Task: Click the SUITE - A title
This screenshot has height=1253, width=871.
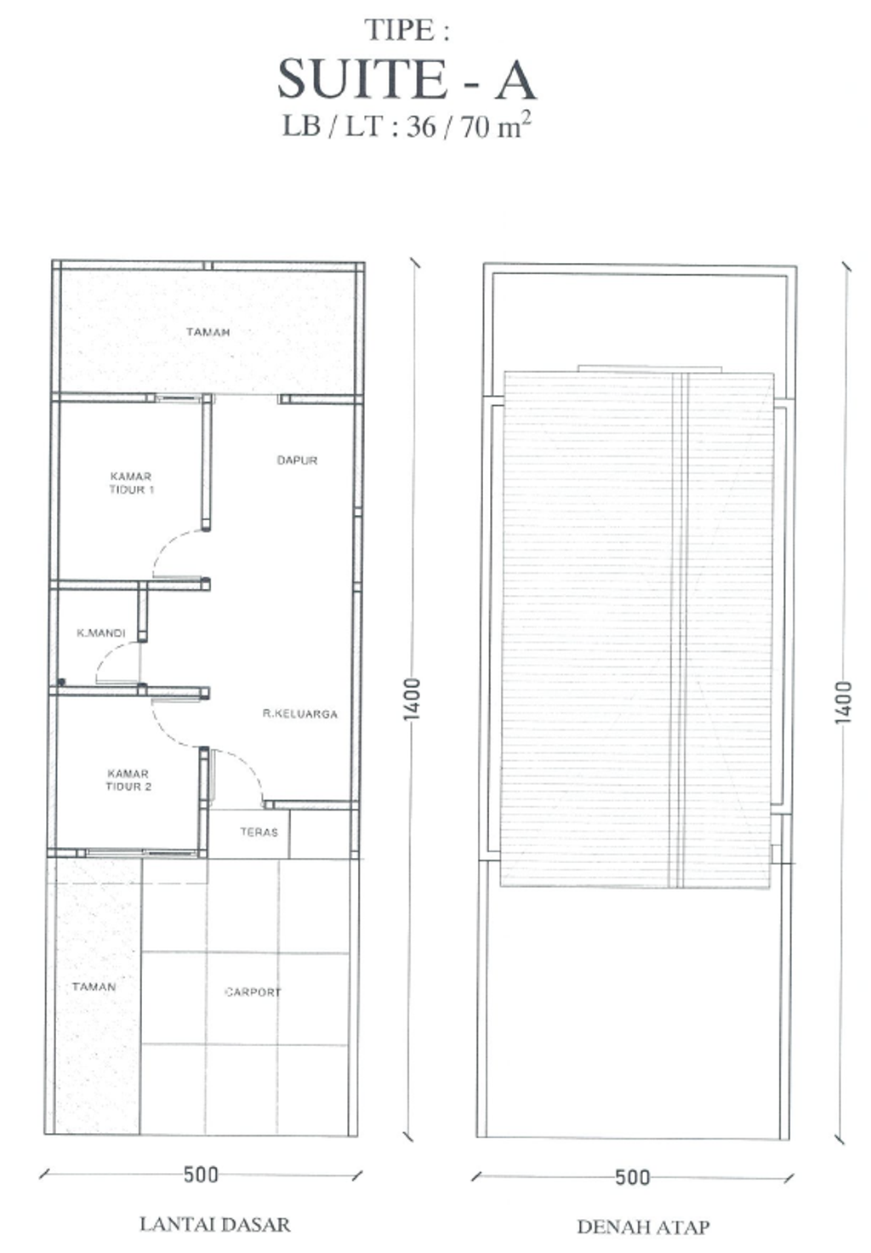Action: (407, 79)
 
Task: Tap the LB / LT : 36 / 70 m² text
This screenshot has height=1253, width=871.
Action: (407, 126)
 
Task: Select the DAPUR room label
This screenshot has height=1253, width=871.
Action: (297, 461)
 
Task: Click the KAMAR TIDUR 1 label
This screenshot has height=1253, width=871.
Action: (131, 483)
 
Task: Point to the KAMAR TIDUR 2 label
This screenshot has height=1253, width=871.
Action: (128, 780)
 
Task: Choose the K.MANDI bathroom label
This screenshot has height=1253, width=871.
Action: (101, 633)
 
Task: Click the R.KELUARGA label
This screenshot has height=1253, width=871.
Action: (300, 714)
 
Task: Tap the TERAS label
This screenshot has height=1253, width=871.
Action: (259, 832)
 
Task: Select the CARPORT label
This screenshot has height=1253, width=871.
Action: (253, 993)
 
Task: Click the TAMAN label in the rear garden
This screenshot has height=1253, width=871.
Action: (208, 332)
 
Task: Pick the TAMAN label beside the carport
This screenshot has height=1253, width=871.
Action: (94, 987)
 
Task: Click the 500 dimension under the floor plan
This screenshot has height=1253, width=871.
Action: (202, 1175)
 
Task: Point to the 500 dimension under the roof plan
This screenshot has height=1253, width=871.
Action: (632, 1177)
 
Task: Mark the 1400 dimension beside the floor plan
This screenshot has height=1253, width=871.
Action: (412, 699)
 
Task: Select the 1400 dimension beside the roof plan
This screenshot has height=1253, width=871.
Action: (843, 702)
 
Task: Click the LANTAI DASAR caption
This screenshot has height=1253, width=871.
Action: (214, 1224)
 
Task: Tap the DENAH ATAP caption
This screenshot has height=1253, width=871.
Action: (643, 1227)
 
